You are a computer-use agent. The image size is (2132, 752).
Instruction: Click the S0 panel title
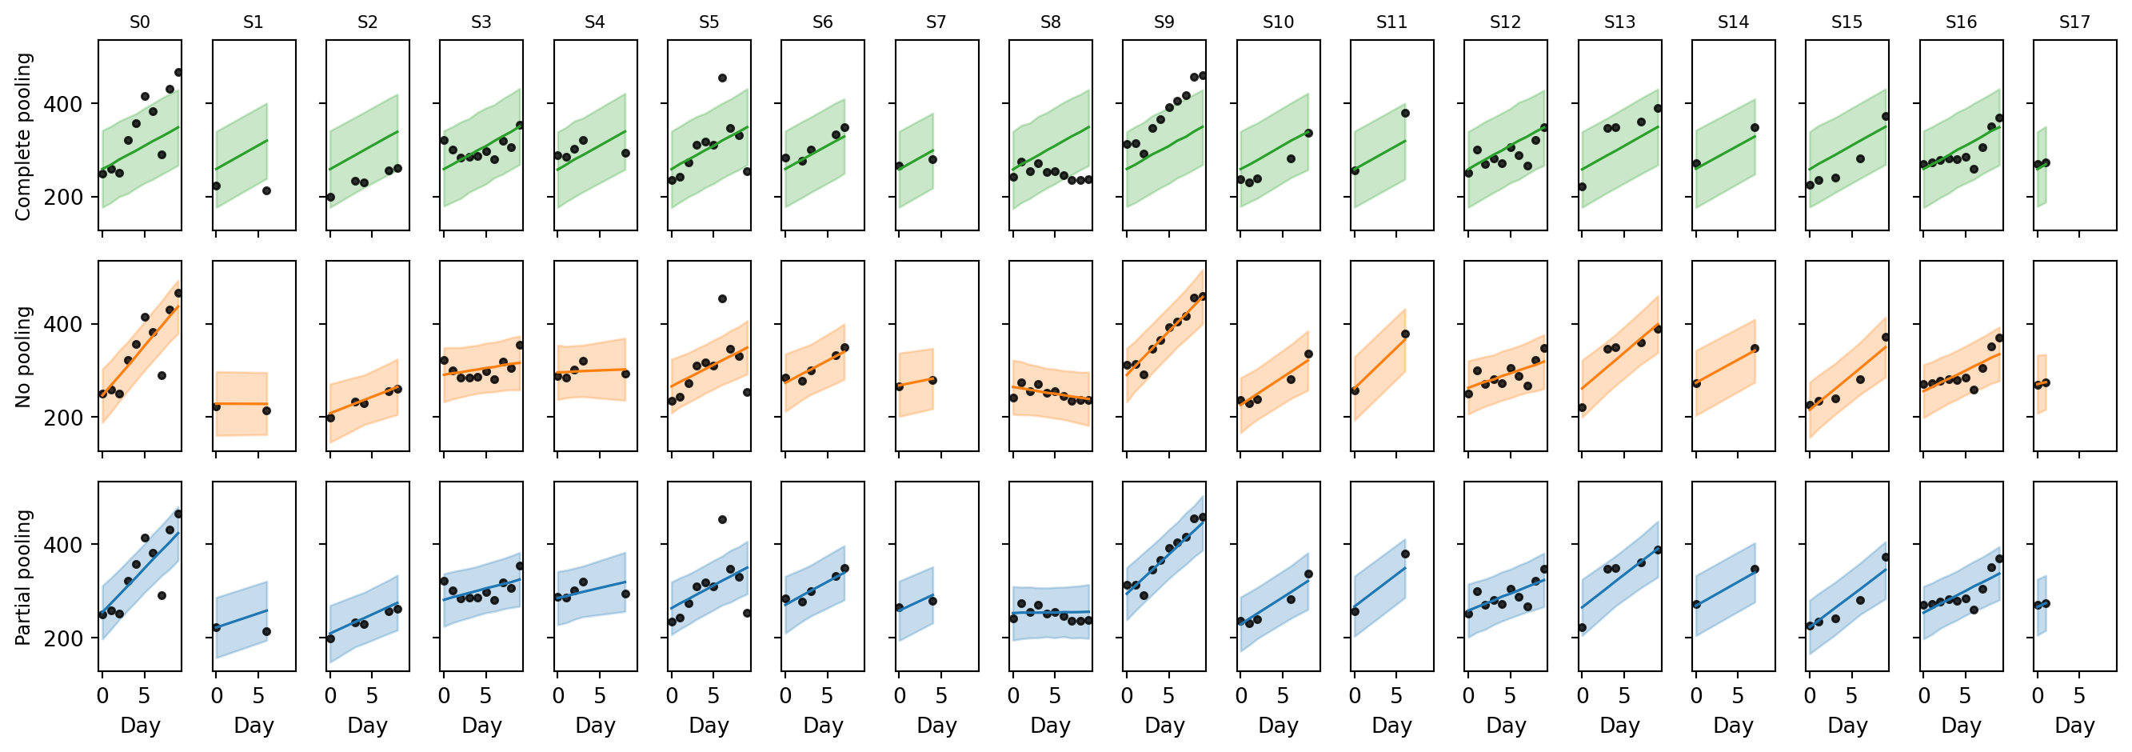140,22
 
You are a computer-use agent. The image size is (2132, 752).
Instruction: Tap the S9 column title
1164,22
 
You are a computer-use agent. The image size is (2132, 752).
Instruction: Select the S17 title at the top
2074,22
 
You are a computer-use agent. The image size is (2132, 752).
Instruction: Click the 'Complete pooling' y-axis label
23,137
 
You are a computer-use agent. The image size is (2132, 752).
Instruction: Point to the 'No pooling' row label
23,357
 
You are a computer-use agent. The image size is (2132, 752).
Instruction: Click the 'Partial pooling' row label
23,578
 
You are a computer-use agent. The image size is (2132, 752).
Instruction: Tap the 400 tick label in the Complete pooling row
65,104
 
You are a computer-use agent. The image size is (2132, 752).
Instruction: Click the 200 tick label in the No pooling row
65,418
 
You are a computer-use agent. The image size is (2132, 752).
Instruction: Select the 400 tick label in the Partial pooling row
65,545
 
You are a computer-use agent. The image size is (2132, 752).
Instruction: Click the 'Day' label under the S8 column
1050,726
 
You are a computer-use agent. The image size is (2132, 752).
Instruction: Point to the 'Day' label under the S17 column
2074,726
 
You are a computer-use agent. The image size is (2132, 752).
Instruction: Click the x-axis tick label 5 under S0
144,696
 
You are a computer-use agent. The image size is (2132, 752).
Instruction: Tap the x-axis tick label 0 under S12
1468,696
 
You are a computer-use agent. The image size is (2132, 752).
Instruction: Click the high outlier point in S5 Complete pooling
721,78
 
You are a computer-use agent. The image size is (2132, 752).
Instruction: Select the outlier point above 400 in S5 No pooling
721,298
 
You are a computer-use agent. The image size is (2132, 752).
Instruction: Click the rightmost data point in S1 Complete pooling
266,190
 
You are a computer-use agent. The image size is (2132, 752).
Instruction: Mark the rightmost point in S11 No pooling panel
1404,334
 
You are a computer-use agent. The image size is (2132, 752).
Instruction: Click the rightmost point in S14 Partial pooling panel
1755,569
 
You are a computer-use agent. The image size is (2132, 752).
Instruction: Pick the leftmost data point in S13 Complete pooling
1583,186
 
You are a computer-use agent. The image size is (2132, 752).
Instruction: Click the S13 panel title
1619,22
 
